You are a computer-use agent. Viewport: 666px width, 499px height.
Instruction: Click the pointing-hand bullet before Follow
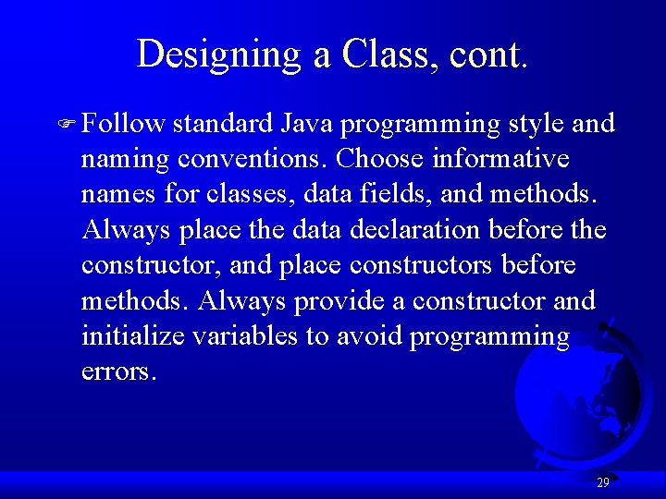(68, 125)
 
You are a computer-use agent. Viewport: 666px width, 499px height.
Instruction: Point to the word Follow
(123, 124)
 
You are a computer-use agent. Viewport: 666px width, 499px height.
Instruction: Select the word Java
(309, 124)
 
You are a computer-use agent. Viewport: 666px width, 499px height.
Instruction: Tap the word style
(541, 124)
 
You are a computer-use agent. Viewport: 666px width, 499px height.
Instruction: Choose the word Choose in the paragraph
(379, 159)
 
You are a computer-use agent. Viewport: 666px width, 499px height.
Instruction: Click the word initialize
(133, 336)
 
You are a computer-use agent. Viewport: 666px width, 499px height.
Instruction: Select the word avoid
(366, 336)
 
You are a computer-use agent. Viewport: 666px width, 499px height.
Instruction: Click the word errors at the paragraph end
(118, 372)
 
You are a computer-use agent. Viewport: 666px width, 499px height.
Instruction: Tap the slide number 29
(603, 482)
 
